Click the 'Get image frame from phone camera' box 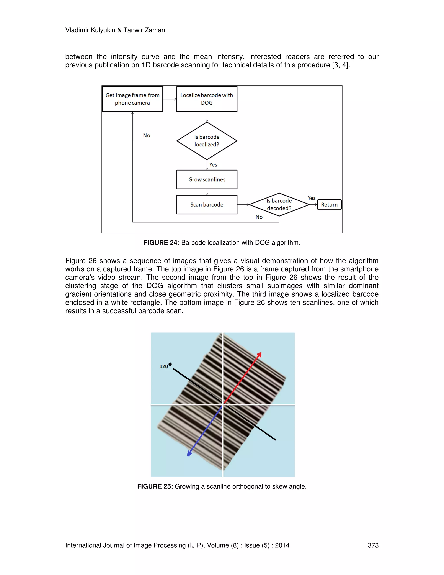(132, 99)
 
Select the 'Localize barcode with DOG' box (207, 99)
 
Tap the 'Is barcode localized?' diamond (207, 141)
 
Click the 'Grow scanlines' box (207, 180)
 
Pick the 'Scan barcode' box (207, 205)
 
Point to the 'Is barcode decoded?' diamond (279, 205)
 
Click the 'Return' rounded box (329, 205)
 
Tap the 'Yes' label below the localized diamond (213, 165)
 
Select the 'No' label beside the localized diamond (147, 136)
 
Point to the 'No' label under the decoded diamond (259, 217)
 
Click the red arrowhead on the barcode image (259, 355)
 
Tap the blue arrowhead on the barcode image (189, 453)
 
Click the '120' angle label (164, 366)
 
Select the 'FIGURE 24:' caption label (161, 243)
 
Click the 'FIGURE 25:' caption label (155, 486)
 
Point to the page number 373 (373, 545)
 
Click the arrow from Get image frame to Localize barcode (170, 99)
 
